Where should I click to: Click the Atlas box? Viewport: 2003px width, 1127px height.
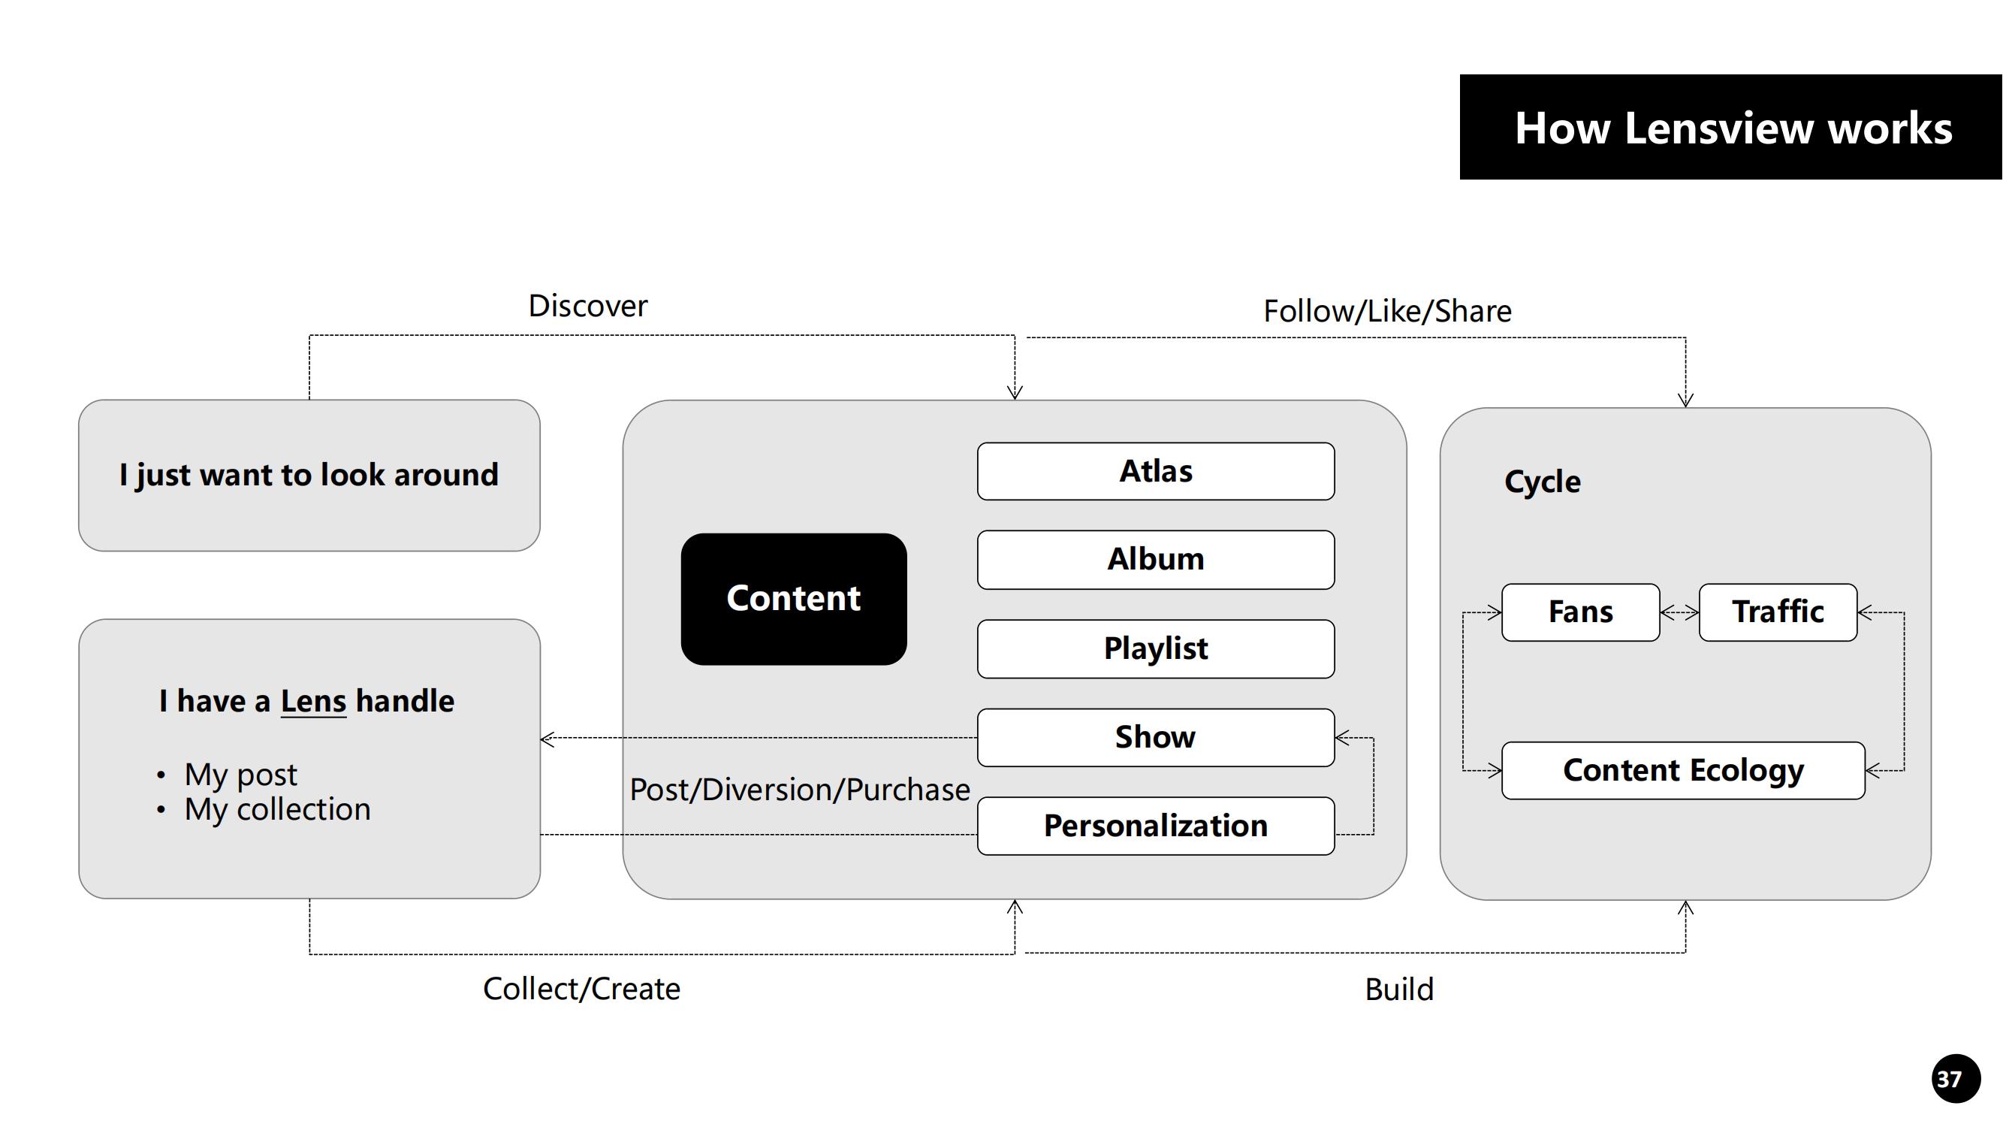tap(1155, 471)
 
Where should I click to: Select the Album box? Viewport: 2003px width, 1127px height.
tap(1155, 560)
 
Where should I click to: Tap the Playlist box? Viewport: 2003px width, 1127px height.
tap(1155, 648)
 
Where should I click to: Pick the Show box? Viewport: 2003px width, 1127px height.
tap(1155, 737)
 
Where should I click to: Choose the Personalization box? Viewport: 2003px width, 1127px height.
tap(1155, 826)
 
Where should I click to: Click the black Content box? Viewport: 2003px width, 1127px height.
tap(793, 599)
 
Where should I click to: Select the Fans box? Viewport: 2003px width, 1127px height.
tap(1580, 612)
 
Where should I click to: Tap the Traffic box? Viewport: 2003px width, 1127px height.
tap(1778, 612)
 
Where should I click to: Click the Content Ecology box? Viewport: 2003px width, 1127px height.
tap(1682, 771)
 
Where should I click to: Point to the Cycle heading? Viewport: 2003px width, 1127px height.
tap(1542, 482)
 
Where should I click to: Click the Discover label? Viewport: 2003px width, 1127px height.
tap(587, 307)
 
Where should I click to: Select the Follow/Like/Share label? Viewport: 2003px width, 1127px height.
tap(1386, 312)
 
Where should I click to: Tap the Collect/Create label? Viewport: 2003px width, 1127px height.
tap(581, 990)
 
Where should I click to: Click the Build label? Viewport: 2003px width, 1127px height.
tap(1398, 990)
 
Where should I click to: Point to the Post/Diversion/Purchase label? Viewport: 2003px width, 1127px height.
tap(799, 790)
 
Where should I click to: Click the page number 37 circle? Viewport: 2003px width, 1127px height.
tap(1955, 1079)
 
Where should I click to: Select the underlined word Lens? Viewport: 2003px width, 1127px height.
tap(312, 702)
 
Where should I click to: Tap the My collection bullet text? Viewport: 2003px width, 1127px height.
tap(277, 810)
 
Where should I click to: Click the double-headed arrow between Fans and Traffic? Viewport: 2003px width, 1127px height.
tap(1679, 613)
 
